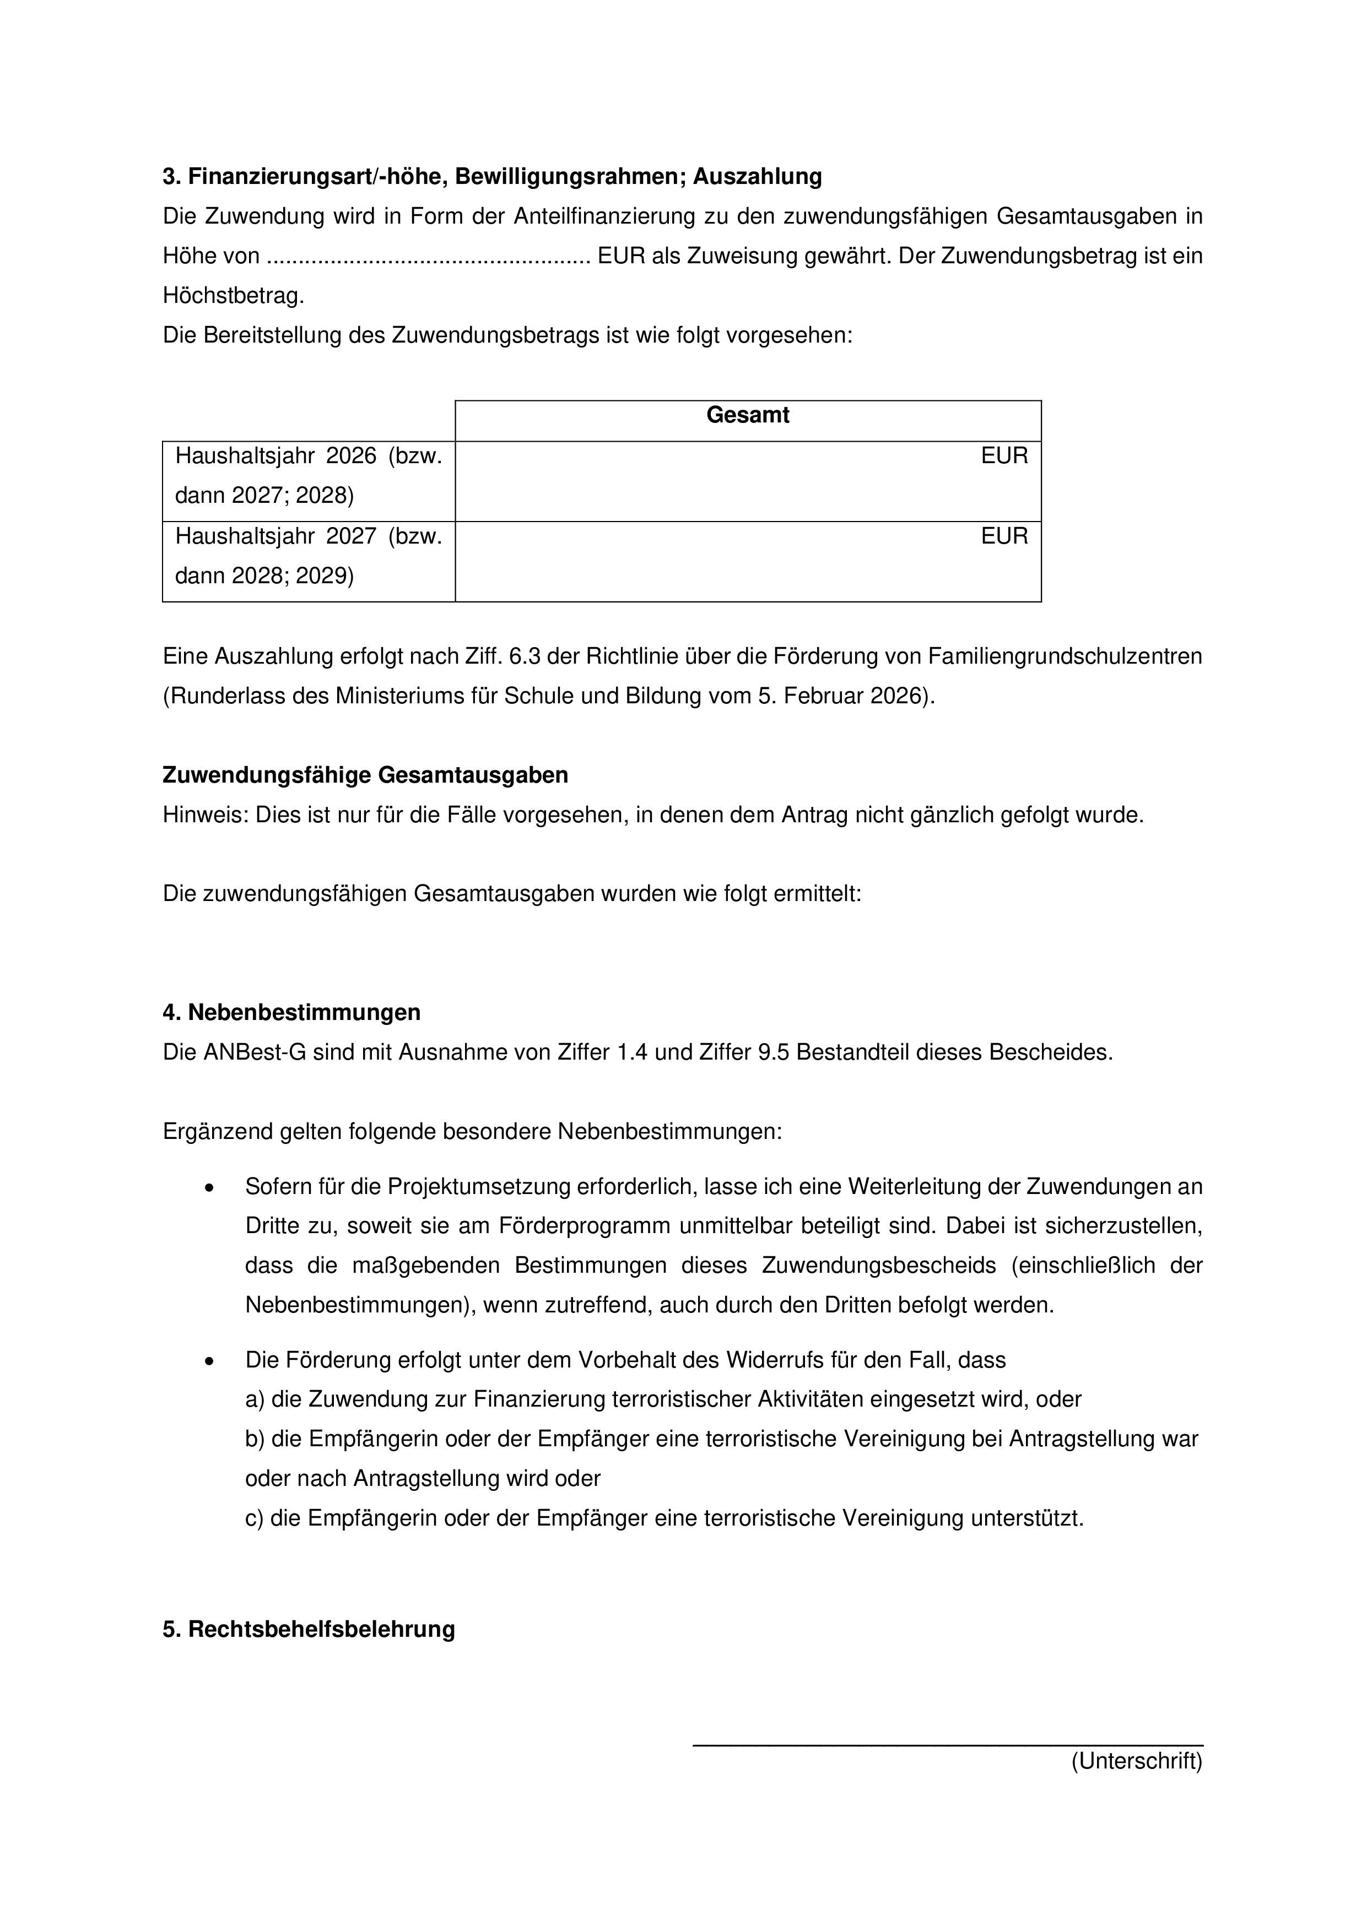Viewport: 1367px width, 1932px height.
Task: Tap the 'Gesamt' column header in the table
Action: tap(748, 416)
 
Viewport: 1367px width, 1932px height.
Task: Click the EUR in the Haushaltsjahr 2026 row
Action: tap(1004, 456)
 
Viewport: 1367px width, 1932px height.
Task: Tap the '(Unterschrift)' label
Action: tap(1136, 1761)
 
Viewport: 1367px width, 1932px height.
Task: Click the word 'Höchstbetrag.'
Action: tap(233, 296)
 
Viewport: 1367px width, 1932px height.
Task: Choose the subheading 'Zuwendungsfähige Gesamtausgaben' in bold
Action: tap(365, 775)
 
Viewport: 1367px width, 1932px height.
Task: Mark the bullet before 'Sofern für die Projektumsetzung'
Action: tap(209, 1188)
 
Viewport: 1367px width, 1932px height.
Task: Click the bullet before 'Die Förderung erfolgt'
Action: tap(209, 1361)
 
